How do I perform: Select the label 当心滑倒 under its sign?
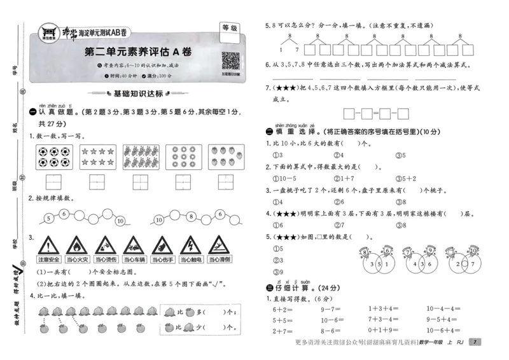click(x=218, y=260)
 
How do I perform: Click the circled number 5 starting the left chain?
click(x=48, y=221)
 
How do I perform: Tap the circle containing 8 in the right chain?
click(x=190, y=216)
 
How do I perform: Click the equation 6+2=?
click(x=281, y=309)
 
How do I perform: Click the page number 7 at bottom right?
click(x=475, y=342)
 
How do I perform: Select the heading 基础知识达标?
click(x=138, y=94)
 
